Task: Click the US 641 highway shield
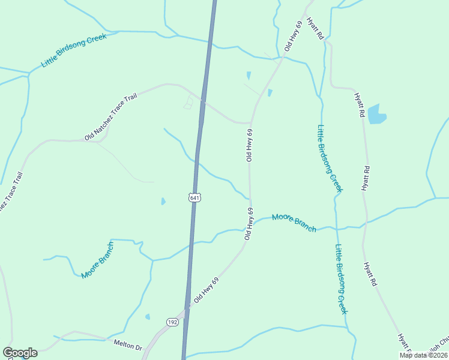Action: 193,197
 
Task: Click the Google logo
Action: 20,353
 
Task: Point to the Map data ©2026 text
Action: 424,355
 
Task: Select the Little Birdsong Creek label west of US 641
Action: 73,50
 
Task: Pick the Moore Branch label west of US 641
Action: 97,260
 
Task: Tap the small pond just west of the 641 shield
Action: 163,202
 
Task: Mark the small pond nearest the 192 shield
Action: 148,317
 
